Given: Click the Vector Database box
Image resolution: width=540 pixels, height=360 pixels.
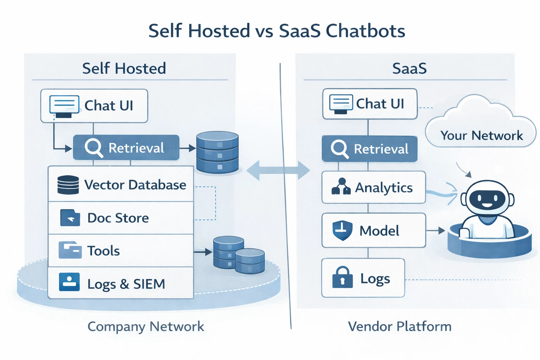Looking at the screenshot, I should (121, 184).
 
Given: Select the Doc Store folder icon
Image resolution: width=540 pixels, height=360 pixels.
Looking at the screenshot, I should (70, 218).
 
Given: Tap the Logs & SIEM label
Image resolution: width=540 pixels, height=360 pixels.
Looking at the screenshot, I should (126, 284).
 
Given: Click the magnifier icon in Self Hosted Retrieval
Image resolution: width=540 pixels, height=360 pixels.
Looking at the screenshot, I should (94, 148).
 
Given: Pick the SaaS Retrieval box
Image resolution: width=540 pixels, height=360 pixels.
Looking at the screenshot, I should (369, 149).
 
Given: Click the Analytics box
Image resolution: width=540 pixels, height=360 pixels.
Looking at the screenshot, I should (373, 187).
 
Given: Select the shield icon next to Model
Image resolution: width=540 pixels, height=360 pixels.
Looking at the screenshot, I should (342, 231).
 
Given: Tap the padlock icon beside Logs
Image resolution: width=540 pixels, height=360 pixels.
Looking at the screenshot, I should (342, 277).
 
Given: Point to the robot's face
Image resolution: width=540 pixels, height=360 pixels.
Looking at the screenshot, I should (487, 199).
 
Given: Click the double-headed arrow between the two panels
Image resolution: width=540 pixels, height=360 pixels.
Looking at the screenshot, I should (278, 171).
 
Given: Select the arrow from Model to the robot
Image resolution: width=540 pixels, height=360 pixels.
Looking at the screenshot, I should (435, 231).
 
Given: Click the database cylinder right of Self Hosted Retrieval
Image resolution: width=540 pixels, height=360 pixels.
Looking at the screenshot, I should (217, 152).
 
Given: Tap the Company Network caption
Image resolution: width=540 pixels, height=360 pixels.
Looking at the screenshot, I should (146, 327).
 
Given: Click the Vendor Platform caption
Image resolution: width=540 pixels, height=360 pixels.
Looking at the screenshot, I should (400, 327).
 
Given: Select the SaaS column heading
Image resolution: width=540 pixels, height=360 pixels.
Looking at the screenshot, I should (409, 68).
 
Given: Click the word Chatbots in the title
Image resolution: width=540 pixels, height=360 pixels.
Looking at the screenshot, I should (365, 31).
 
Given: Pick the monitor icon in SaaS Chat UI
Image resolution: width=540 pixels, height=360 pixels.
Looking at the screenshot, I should (341, 104).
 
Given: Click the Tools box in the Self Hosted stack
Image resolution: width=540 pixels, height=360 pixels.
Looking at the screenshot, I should (121, 251).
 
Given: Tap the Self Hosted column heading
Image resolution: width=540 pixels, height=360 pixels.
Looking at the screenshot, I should (124, 68).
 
